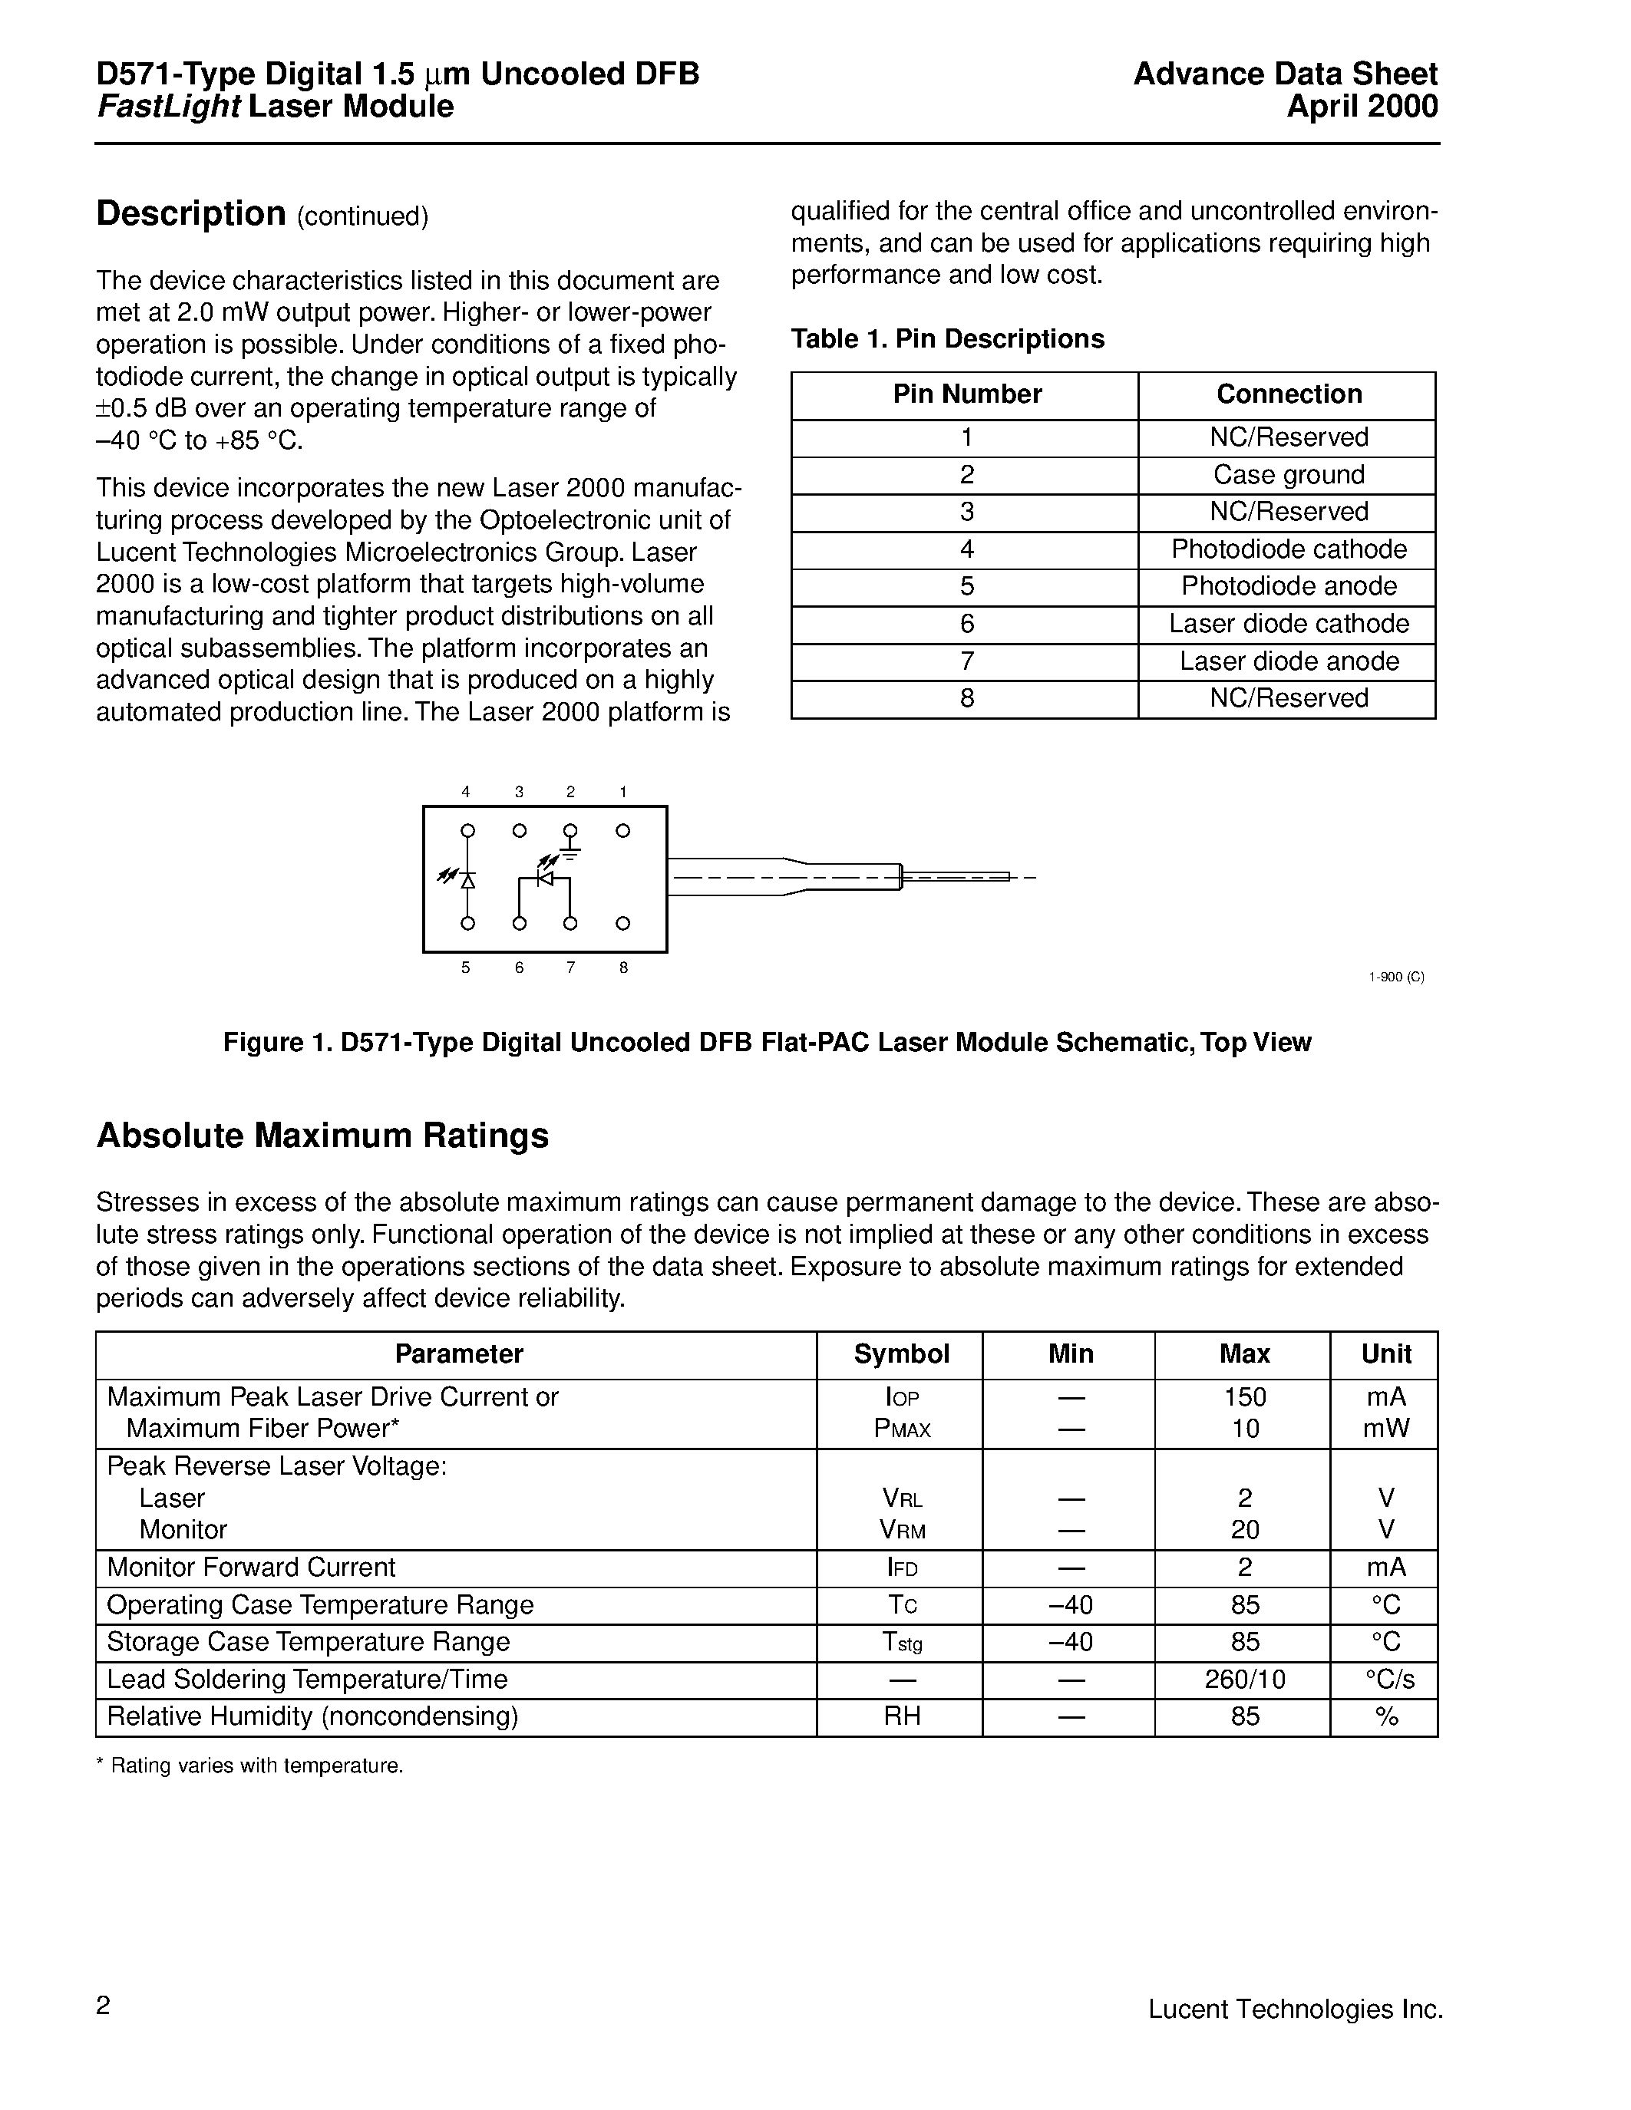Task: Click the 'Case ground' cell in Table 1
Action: coord(1288,474)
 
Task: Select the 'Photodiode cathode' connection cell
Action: coord(1288,549)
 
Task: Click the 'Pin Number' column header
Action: coord(966,394)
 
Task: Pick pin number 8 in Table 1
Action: coord(966,697)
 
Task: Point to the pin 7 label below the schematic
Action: coord(571,967)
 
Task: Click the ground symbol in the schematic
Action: coord(571,854)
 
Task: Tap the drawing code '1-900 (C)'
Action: coord(1396,977)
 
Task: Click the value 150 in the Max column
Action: coord(1244,1397)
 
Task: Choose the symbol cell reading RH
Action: coord(902,1716)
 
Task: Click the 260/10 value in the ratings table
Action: coord(1244,1679)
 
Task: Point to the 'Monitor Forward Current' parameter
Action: coord(251,1567)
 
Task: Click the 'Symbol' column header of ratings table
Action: coord(902,1353)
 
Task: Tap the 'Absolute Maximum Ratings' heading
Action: coord(322,1136)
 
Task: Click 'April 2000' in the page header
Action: coord(1362,107)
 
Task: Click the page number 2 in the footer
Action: coord(104,2006)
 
